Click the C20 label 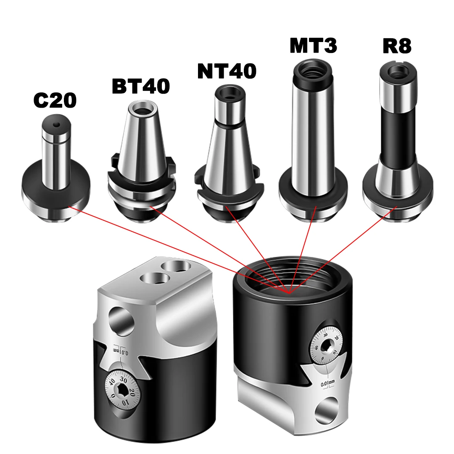click(x=55, y=101)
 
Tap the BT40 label click(x=141, y=86)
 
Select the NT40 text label click(x=227, y=71)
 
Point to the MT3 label click(x=313, y=45)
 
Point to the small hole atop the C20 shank click(x=56, y=124)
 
